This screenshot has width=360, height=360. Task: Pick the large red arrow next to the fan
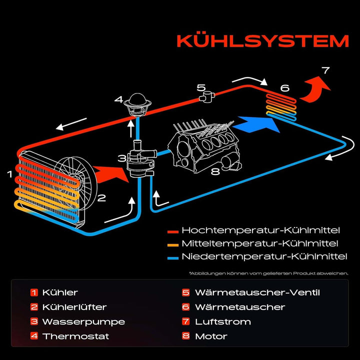point(111,173)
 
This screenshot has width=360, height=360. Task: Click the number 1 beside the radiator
point(9,174)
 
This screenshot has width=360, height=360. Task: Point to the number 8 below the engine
point(215,172)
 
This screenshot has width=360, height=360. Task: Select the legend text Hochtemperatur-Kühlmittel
point(260,230)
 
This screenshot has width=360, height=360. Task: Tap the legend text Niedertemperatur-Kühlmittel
point(264,257)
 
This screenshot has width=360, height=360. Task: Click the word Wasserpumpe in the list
point(83,321)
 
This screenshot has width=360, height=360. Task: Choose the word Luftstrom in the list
point(222,321)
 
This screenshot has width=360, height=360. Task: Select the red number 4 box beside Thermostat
point(34,336)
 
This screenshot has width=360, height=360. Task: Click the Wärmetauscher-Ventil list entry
point(257,292)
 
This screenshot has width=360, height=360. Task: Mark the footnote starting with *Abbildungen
point(268,273)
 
